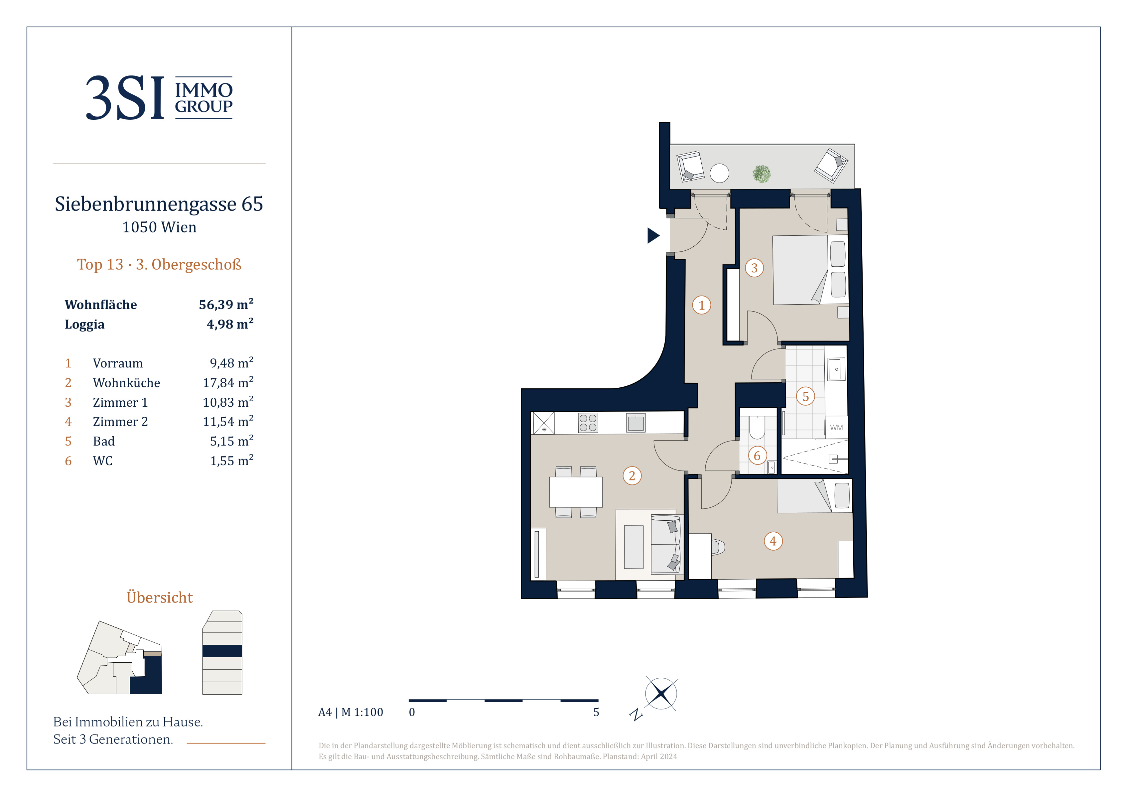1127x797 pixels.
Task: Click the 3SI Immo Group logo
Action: pyautogui.click(x=159, y=97)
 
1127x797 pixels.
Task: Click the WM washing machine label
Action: pyautogui.click(x=837, y=427)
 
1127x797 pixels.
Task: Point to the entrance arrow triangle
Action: pyautogui.click(x=653, y=236)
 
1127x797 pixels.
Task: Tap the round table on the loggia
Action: pyautogui.click(x=720, y=173)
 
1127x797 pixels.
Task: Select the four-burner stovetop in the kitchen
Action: pyautogui.click(x=588, y=422)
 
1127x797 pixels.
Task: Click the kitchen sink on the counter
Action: pyautogui.click(x=636, y=422)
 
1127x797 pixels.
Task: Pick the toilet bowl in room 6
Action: pyautogui.click(x=757, y=427)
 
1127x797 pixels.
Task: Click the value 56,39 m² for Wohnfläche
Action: pyautogui.click(x=226, y=304)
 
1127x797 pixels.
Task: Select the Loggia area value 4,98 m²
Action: pyautogui.click(x=230, y=324)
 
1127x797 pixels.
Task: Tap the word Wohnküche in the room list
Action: pyautogui.click(x=127, y=383)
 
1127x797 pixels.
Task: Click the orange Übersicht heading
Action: pyautogui.click(x=159, y=597)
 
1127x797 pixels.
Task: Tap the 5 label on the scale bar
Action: pyautogui.click(x=596, y=712)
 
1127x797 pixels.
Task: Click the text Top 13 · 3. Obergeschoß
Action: pyautogui.click(x=159, y=264)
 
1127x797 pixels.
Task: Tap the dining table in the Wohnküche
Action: pyautogui.click(x=575, y=492)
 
